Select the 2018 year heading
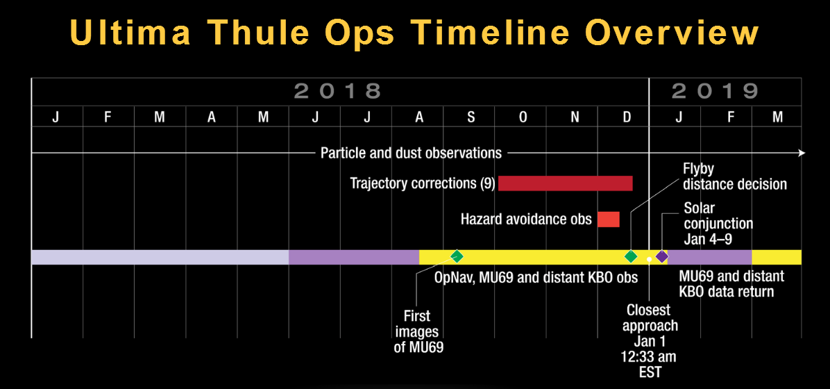tap(337, 92)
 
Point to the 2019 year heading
tap(715, 92)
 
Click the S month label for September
tap(471, 117)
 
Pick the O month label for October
tap(523, 117)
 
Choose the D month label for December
tap(627, 117)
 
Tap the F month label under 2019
tap(731, 117)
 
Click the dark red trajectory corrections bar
tap(566, 183)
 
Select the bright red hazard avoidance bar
tap(608, 220)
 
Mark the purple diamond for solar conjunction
tap(661, 256)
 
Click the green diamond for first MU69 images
tap(457, 256)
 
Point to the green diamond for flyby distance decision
tap(630, 256)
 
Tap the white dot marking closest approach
tap(649, 259)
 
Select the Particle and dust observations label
tap(411, 153)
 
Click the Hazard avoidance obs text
tap(526, 219)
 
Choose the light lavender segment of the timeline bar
tap(160, 257)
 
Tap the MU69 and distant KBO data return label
tap(731, 284)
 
